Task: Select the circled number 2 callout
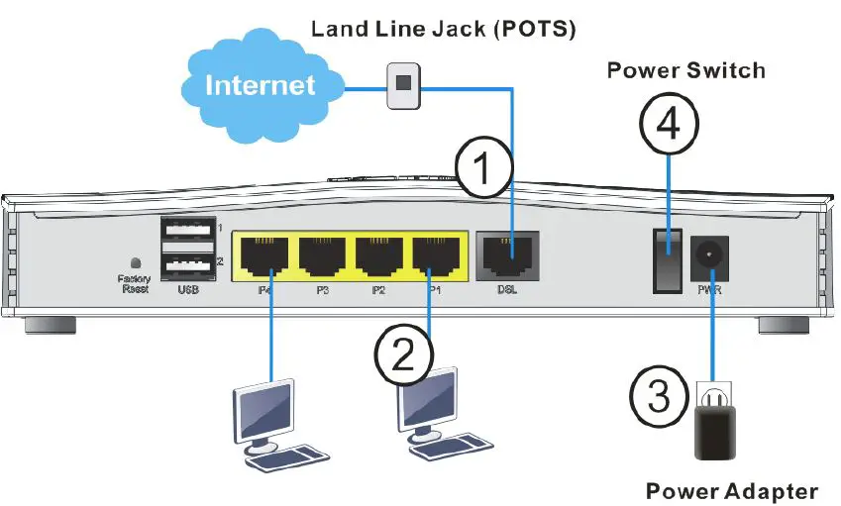400,354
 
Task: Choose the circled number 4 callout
668,128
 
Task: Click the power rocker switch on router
668,258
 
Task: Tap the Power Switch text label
685,70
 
